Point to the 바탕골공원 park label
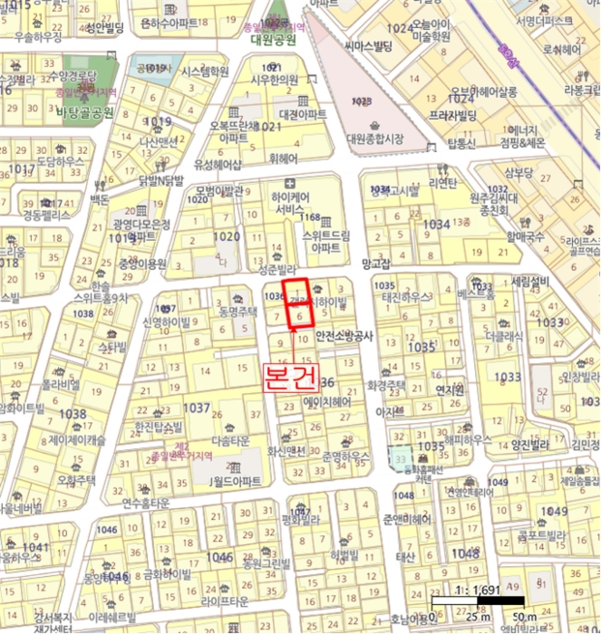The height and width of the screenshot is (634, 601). coord(84,112)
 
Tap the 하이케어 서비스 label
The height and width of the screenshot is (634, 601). coord(292,202)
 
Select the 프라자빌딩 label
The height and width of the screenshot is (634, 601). coord(454,116)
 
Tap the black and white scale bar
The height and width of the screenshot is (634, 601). coord(477,601)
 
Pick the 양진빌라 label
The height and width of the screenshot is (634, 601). coord(531,444)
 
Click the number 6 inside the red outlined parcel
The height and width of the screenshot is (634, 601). coord(299,316)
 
